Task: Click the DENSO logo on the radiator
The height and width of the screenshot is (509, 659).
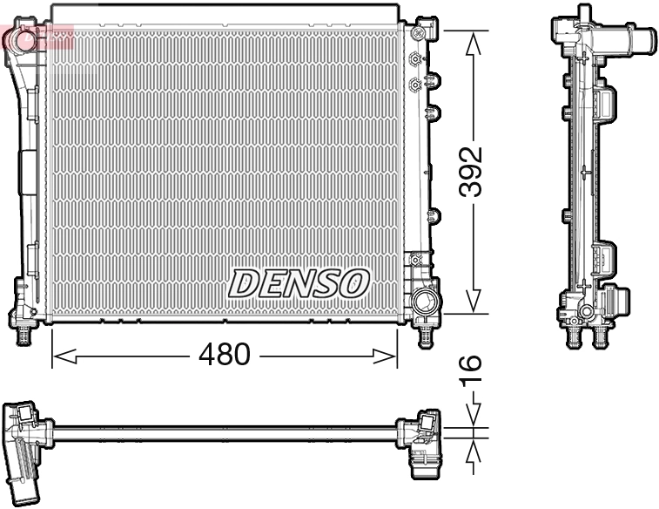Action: point(299,282)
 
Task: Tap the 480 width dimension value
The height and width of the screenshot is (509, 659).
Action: point(224,355)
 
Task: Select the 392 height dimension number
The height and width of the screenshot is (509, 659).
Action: point(471,172)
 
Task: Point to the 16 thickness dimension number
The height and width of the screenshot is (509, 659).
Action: point(471,370)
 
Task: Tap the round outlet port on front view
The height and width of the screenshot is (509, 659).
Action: point(426,304)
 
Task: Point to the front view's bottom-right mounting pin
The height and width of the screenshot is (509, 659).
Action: point(425,335)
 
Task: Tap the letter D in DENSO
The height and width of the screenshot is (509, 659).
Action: point(245,282)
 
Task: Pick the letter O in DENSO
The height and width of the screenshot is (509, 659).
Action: point(354,282)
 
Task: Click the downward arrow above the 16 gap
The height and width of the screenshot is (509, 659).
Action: point(472,417)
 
